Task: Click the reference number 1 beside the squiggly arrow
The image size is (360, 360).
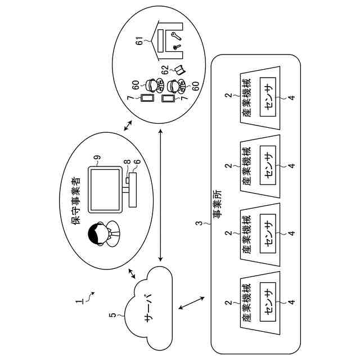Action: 80,301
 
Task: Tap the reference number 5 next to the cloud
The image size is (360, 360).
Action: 112,315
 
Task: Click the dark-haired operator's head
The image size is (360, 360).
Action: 97,234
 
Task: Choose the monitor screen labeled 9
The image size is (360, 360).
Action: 105,190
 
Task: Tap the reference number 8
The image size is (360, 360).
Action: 127,161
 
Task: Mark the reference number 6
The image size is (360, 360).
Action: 137,161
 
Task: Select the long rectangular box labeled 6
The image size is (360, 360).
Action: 133,190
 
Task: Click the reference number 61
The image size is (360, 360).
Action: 140,41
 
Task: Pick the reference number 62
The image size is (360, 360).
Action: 165,70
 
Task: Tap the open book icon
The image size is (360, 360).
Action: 180,70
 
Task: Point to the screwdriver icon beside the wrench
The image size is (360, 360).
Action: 177,47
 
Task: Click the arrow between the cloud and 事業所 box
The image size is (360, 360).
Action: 191,303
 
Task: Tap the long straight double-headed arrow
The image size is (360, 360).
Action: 160,195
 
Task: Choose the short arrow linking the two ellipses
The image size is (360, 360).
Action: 128,125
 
